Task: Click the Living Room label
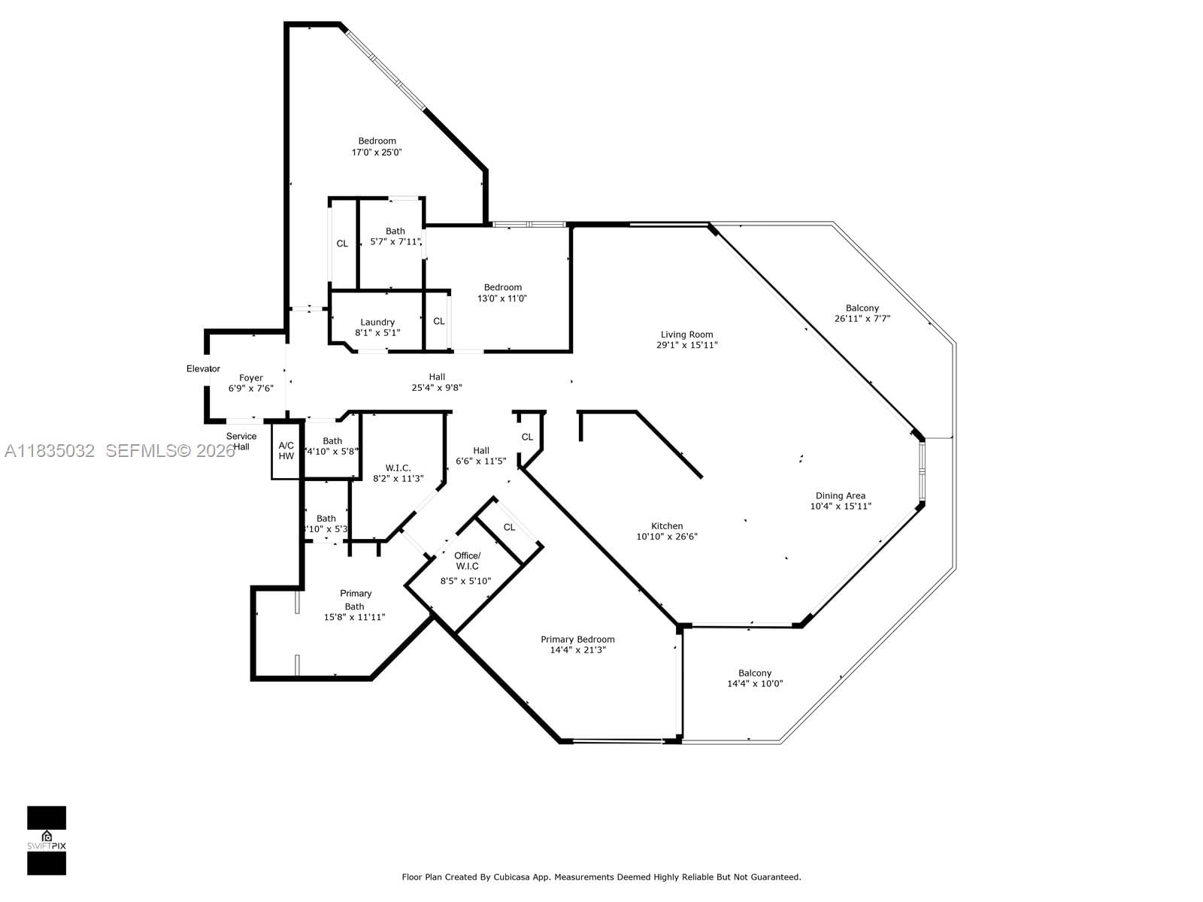click(686, 334)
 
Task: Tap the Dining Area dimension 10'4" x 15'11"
click(840, 507)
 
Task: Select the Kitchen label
click(667, 526)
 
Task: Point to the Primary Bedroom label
click(577, 640)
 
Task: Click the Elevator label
click(203, 368)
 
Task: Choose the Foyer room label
click(251, 378)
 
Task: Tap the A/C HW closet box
click(286, 451)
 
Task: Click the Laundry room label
click(377, 322)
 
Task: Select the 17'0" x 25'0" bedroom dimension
click(377, 153)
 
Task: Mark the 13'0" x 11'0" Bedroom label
click(502, 287)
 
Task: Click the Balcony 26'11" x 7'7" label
click(862, 308)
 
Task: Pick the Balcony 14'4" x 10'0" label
click(754, 673)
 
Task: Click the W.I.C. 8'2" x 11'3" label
click(398, 468)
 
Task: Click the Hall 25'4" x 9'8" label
click(437, 377)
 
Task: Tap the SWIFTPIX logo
click(47, 840)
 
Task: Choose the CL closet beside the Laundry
click(439, 321)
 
